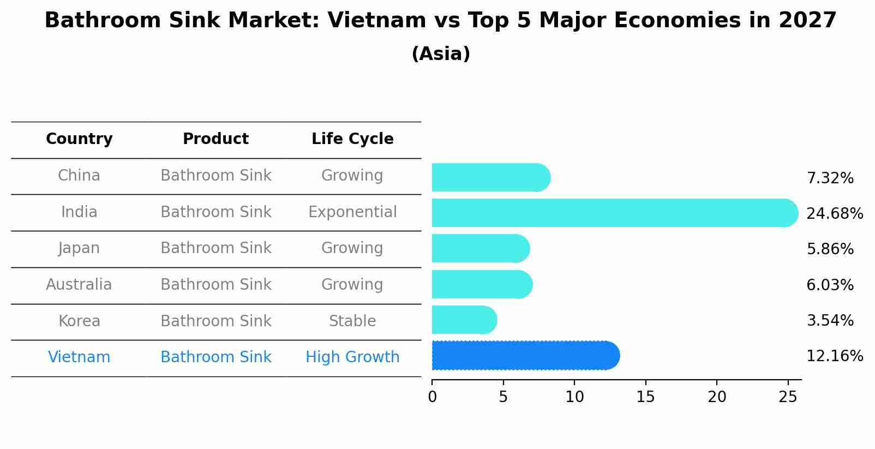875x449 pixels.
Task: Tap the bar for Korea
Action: point(464,320)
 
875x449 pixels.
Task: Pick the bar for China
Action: point(490,178)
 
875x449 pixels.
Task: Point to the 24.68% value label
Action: point(834,213)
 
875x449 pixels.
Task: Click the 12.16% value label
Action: point(834,356)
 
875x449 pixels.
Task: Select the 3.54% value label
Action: point(830,321)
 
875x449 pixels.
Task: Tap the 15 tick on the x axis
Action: point(645,397)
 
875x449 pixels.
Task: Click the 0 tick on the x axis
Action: point(432,397)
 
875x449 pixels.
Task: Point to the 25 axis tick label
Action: point(788,397)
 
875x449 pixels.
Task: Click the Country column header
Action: point(79,139)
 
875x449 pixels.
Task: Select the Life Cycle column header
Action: point(352,139)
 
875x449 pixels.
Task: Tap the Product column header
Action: point(215,139)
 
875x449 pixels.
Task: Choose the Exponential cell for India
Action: point(352,212)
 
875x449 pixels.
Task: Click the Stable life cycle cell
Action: point(352,321)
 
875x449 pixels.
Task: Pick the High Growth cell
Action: point(352,357)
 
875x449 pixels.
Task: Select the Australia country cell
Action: point(79,285)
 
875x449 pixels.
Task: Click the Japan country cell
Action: point(79,248)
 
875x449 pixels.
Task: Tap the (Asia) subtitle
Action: point(441,54)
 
